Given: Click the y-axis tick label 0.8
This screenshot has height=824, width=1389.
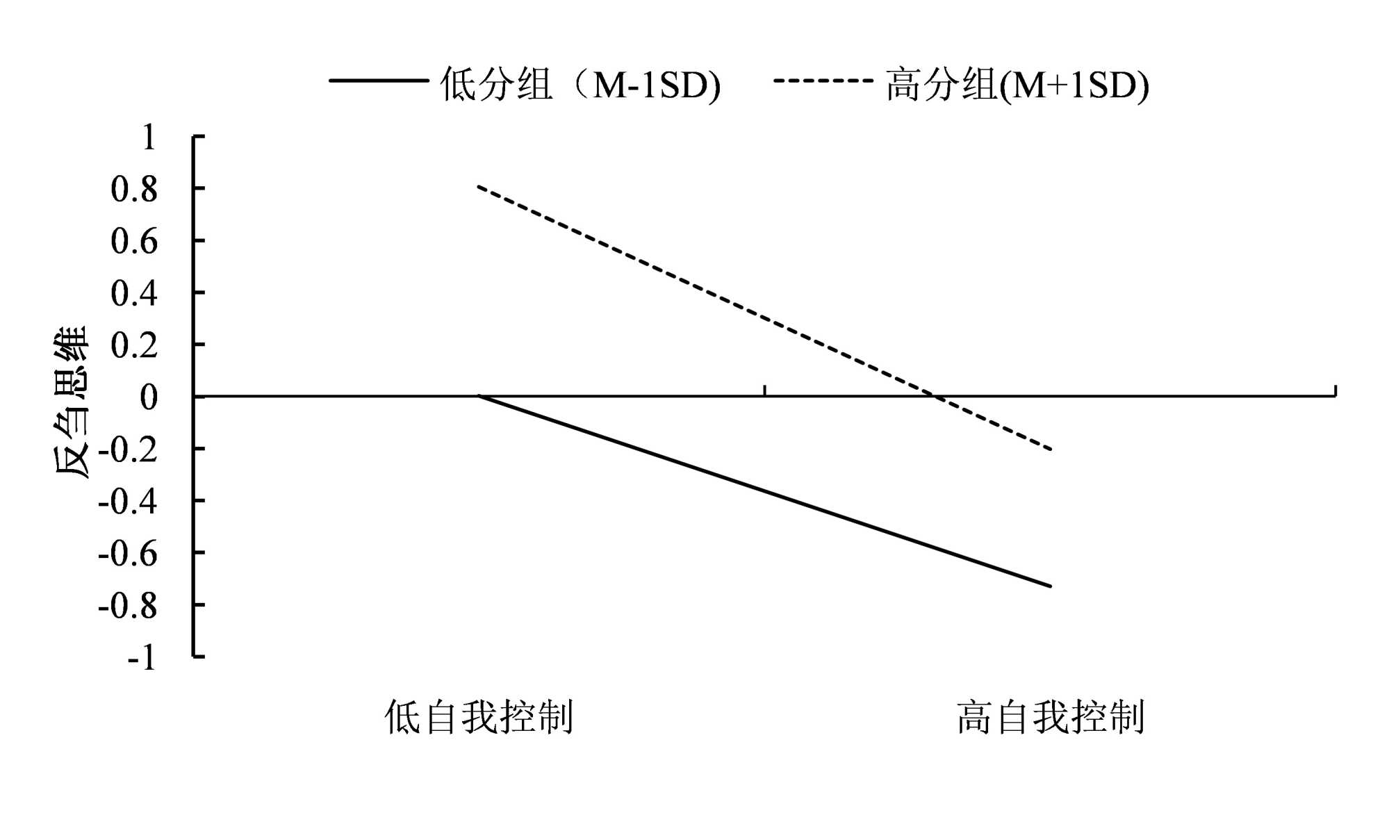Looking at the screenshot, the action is tap(134, 190).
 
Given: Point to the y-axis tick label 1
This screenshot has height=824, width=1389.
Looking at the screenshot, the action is tap(148, 138).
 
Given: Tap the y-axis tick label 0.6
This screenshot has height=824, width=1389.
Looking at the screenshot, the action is tap(134, 242).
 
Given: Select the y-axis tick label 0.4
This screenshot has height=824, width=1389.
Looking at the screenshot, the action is tap(134, 294).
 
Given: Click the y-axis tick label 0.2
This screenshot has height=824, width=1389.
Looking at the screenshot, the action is tap(134, 345).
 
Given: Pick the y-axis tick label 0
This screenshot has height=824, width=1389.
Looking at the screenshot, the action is tap(149, 397).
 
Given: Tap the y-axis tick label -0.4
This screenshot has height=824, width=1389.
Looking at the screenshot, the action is tap(128, 502).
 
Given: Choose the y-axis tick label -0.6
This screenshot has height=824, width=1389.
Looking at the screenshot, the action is tap(128, 554).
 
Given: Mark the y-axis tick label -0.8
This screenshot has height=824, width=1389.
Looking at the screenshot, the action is tap(128, 606).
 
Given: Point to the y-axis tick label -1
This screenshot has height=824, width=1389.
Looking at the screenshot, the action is tap(142, 657).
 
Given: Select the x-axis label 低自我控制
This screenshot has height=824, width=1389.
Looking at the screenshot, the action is tap(479, 717).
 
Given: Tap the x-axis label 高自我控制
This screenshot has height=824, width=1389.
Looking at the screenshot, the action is tap(1050, 717).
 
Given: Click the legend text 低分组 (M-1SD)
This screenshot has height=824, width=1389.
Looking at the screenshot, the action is tap(580, 85).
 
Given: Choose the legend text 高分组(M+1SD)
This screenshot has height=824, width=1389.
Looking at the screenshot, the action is tap(1017, 85).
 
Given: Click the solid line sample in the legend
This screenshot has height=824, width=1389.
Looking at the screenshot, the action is tap(379, 81).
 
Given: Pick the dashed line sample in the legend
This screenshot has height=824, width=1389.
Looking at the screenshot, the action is tap(823, 81).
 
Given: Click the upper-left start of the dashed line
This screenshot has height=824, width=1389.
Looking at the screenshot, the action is tap(479, 186).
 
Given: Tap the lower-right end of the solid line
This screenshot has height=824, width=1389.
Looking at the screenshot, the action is tap(1051, 586).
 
